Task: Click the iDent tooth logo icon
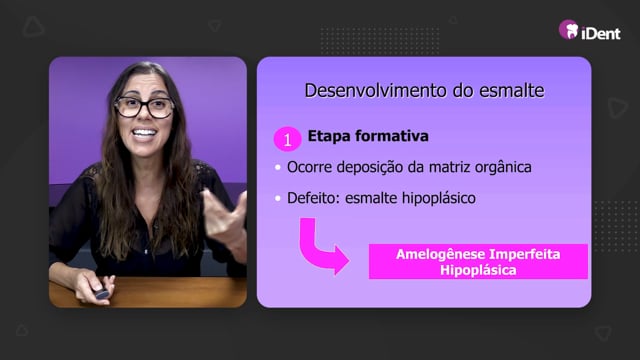[569, 29]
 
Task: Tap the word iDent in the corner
[601, 33]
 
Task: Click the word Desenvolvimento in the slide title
[376, 90]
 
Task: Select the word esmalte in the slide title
[511, 90]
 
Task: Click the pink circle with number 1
[287, 139]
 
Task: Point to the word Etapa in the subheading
[329, 136]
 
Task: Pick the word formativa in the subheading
[392, 136]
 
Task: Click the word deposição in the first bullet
[370, 167]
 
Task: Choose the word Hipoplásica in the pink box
[478, 270]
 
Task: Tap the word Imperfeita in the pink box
[525, 254]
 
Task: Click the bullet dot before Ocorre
[278, 167]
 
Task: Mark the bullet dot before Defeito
[278, 198]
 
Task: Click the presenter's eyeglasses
[144, 107]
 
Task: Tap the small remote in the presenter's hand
[101, 293]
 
